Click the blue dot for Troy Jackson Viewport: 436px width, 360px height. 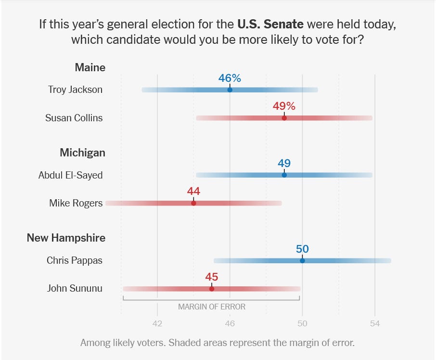230,90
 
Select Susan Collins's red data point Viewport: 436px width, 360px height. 284,118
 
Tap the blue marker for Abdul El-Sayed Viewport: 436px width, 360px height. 284,175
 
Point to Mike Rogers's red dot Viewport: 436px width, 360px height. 193,203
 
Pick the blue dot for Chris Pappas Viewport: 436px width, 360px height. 302,261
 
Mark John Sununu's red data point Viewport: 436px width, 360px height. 212,289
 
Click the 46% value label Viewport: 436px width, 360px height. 230,78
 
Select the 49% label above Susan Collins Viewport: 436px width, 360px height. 284,106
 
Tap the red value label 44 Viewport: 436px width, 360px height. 193,191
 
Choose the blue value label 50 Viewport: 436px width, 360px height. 302,249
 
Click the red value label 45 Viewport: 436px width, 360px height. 212,277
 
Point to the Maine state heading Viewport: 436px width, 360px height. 90,67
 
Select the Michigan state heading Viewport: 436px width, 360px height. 83,153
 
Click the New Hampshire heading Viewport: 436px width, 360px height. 66,238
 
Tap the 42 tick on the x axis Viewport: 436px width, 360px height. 157,323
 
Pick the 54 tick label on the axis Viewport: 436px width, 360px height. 375,323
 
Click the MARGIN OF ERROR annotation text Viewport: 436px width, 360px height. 212,307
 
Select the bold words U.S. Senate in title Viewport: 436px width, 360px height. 270,24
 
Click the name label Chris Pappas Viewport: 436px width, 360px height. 75,260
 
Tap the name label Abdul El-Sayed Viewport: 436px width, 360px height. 71,175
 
